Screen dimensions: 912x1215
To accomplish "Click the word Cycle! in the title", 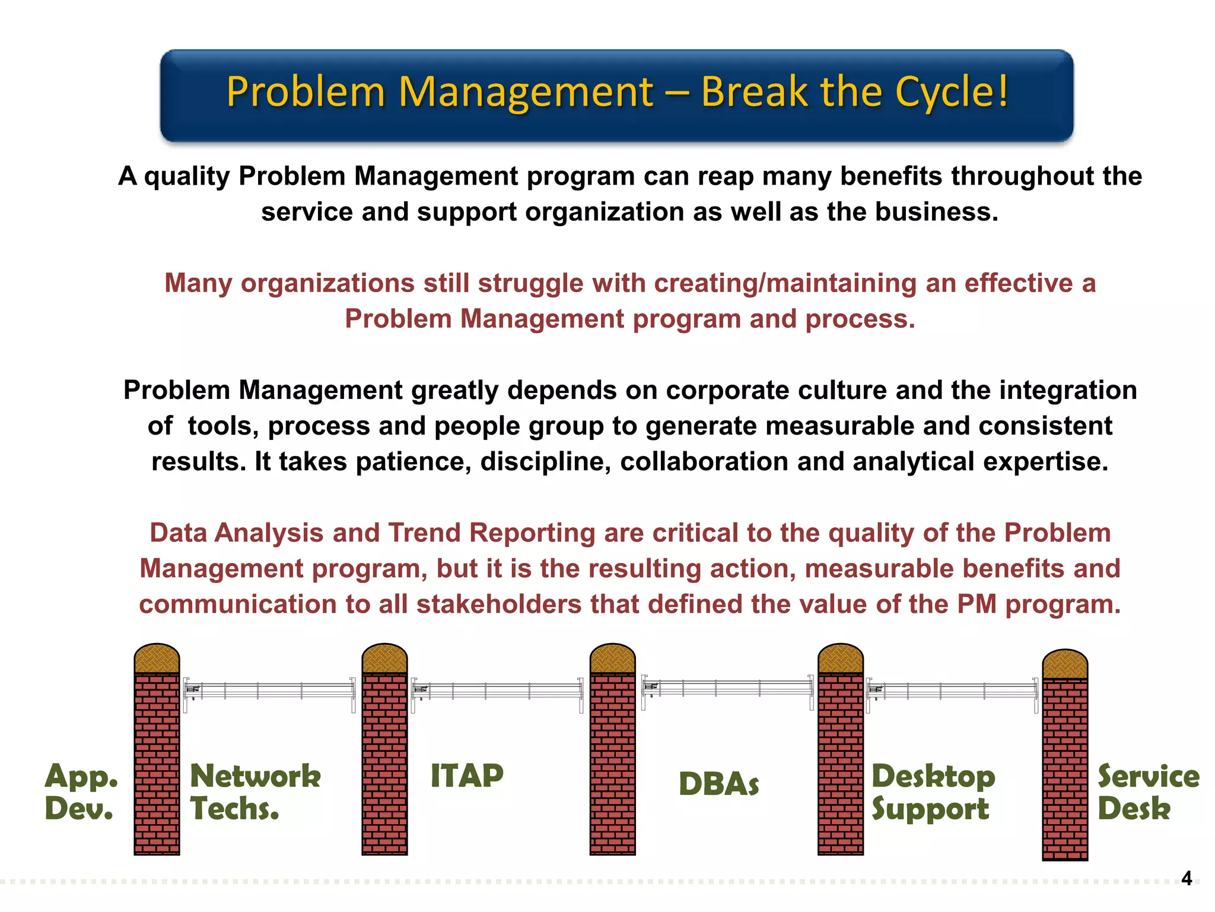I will point(951,92).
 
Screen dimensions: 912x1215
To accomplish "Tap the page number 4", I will point(1186,878).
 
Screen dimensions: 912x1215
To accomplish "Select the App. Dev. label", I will point(81,792).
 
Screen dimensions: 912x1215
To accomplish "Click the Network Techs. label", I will point(255,792).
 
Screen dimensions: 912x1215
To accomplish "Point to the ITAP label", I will point(467,775).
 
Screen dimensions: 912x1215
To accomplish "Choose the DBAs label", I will point(718,784).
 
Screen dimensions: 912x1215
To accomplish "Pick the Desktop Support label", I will point(933,792).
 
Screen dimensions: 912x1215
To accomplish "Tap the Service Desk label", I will point(1148,792).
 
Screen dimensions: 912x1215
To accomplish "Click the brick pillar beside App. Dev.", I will point(157,763).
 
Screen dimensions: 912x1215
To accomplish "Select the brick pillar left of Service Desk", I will point(1065,769).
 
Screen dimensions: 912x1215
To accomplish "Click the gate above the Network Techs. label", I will point(270,691).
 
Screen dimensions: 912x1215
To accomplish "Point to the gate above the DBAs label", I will point(727,688).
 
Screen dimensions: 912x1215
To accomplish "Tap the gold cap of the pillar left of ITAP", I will point(384,658).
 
